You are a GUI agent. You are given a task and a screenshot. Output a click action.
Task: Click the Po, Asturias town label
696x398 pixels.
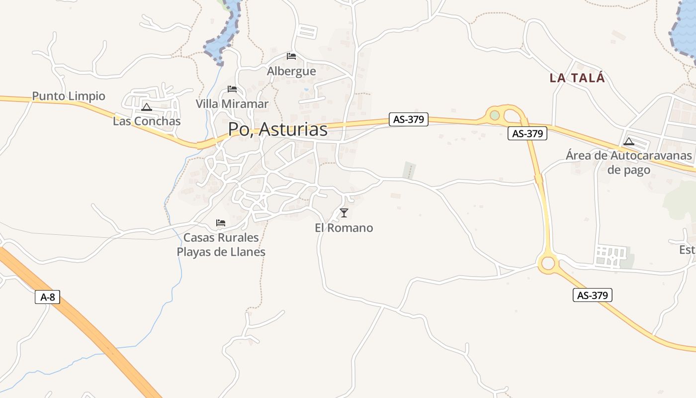[x=277, y=129]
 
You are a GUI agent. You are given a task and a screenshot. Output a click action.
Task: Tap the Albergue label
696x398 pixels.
[x=291, y=71]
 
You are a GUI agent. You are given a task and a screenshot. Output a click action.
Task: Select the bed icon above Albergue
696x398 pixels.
[x=291, y=56]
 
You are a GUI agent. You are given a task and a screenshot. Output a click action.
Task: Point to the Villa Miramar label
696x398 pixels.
[x=232, y=104]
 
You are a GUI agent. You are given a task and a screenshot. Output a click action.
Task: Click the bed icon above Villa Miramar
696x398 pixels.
[x=232, y=89]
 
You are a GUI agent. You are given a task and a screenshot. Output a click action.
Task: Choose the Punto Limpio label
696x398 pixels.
[x=69, y=96]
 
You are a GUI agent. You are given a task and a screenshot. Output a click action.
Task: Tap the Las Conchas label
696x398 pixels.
[x=147, y=121]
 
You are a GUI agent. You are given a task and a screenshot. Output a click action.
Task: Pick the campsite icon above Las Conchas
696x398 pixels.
[x=147, y=107]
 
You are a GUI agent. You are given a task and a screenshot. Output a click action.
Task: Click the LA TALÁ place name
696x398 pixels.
[x=577, y=78]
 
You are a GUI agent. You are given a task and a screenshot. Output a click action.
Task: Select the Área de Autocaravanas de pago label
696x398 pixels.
[x=628, y=163]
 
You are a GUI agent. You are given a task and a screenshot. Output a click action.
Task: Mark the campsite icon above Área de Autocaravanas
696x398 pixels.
[x=629, y=141]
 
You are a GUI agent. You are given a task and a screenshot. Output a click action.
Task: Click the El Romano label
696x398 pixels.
[x=344, y=228]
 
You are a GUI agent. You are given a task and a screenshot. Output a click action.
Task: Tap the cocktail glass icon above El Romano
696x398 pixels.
[x=344, y=213]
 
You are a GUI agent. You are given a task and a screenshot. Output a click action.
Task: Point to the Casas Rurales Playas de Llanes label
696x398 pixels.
[x=221, y=245]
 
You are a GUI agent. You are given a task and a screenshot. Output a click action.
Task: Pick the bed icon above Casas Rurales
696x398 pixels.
[x=221, y=222]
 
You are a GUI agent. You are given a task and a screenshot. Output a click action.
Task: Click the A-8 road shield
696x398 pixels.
[x=48, y=298]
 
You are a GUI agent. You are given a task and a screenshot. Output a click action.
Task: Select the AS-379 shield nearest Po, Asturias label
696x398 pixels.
[x=408, y=119]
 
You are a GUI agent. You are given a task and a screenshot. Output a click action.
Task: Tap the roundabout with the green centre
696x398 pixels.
[x=495, y=115]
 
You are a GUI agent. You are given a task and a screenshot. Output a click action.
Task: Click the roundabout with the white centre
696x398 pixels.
[x=548, y=263]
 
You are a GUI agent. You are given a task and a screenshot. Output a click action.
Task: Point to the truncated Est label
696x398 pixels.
[x=688, y=250]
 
